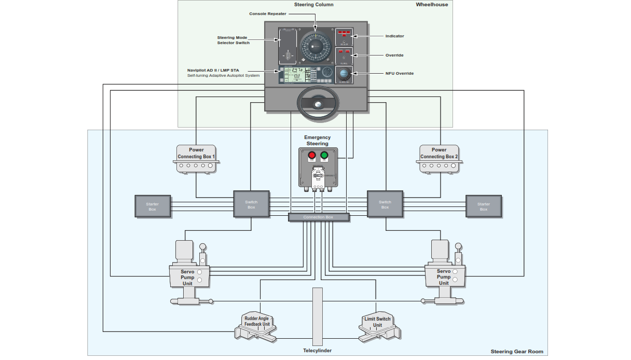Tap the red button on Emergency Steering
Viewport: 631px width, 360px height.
311,155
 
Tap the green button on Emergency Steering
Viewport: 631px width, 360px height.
324,155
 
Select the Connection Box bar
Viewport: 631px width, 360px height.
318,217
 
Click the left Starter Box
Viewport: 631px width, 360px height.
152,206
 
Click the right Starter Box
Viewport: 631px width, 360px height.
484,206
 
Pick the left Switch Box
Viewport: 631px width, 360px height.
251,204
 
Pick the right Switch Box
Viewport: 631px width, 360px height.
385,204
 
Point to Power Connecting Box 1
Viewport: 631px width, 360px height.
196,159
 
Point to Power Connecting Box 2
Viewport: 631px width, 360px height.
439,159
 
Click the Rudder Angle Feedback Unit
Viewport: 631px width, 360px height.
257,325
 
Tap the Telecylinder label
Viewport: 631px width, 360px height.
317,351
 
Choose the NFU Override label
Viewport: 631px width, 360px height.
400,74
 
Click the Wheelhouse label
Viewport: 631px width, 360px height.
432,5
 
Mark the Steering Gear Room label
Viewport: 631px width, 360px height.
517,352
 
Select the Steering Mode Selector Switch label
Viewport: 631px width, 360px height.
233,40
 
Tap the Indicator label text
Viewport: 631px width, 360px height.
394,36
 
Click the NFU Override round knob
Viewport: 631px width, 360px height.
344,74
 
